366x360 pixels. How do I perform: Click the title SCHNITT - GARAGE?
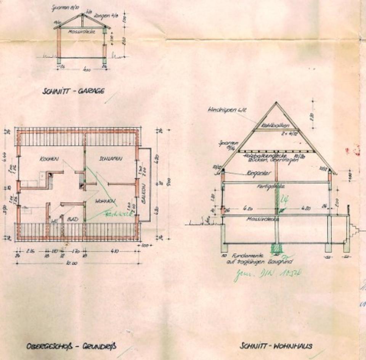74,91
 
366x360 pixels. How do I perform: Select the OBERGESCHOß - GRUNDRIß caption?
71,346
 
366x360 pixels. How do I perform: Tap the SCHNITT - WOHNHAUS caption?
276,346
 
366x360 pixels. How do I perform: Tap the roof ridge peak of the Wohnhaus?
276,103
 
